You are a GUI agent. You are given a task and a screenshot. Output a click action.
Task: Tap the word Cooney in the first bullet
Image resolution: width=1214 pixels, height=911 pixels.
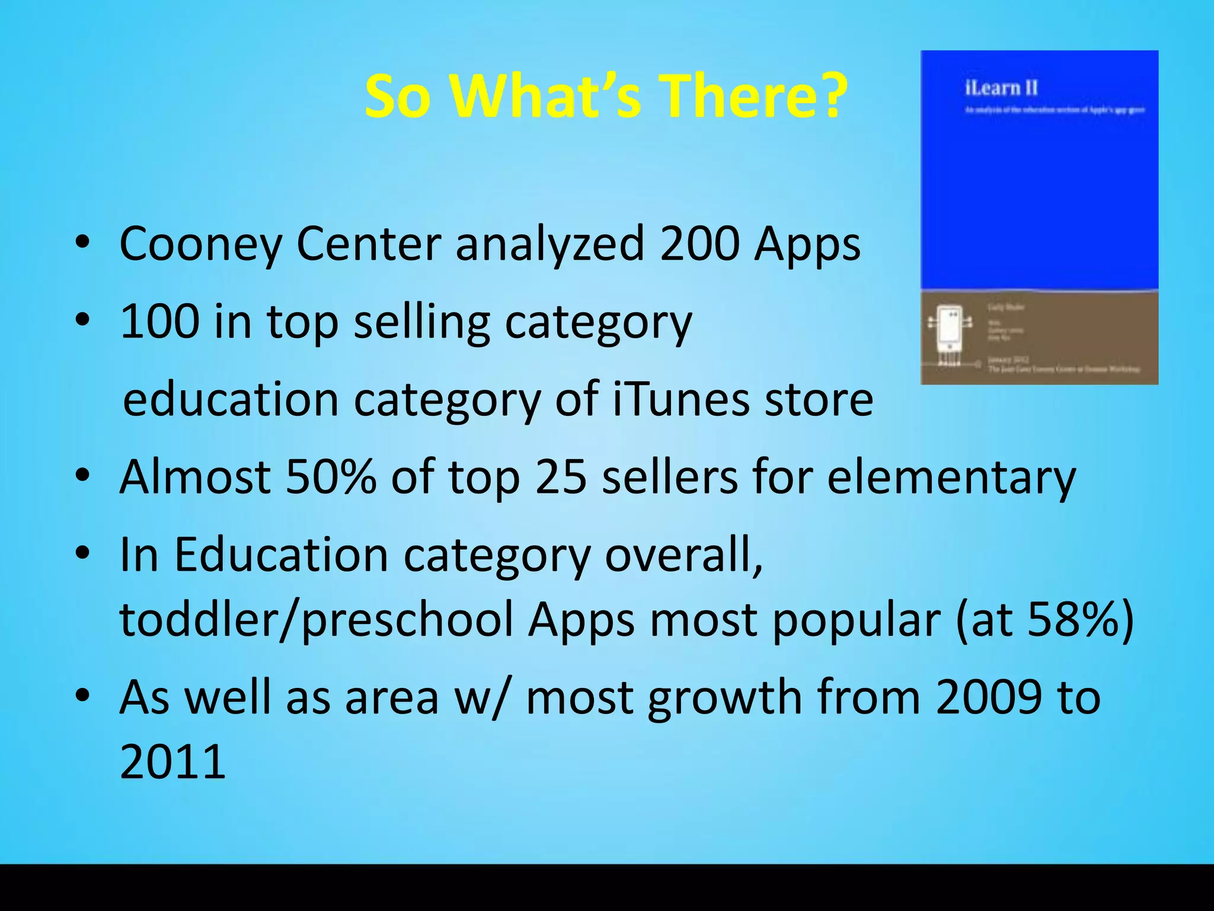click(200, 244)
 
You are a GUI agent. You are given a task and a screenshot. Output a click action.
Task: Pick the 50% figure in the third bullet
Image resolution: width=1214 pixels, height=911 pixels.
click(330, 477)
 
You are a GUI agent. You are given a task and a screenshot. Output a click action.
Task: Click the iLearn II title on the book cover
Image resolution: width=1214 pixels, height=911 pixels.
click(1001, 88)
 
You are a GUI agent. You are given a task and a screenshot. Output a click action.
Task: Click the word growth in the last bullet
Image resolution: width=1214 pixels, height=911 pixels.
click(724, 698)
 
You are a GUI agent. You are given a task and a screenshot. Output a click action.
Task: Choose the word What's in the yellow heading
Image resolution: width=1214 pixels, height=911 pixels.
click(546, 96)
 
